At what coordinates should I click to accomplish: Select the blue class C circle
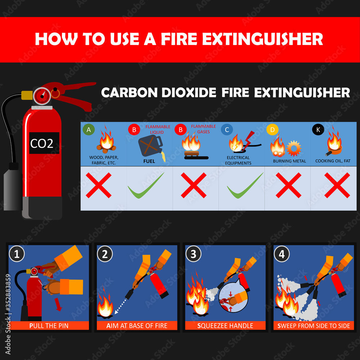(x=226, y=130)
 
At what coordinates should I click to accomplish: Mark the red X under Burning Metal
(x=288, y=185)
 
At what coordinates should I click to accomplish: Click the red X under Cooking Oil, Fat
(x=337, y=185)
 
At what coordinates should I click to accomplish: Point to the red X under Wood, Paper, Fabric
(x=98, y=185)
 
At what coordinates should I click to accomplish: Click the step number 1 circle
(x=17, y=254)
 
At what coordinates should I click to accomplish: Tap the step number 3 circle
(x=193, y=254)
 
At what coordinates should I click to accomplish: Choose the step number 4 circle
(x=282, y=254)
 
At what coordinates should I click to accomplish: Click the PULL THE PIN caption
(x=48, y=326)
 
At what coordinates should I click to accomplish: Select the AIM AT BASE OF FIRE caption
(x=137, y=326)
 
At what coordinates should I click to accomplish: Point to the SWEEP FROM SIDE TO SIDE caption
(x=314, y=326)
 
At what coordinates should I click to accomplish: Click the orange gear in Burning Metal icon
(x=294, y=148)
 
